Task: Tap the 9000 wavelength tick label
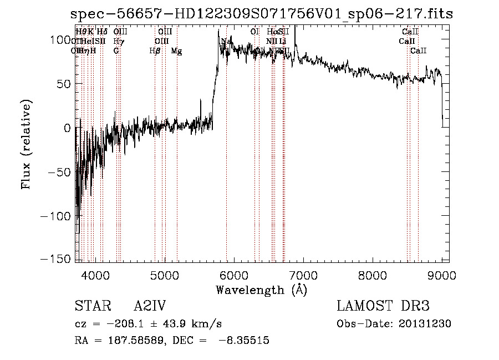(x=442, y=275)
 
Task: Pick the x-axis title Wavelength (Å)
(x=262, y=289)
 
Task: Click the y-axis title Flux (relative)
(x=27, y=144)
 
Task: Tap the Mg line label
(x=176, y=51)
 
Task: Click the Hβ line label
(x=155, y=51)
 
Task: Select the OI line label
(x=254, y=32)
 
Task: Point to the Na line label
(x=226, y=42)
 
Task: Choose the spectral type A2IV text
(x=150, y=306)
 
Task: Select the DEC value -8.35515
(x=245, y=341)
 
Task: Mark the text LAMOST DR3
(x=383, y=306)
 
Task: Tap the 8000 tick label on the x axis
(x=372, y=275)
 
